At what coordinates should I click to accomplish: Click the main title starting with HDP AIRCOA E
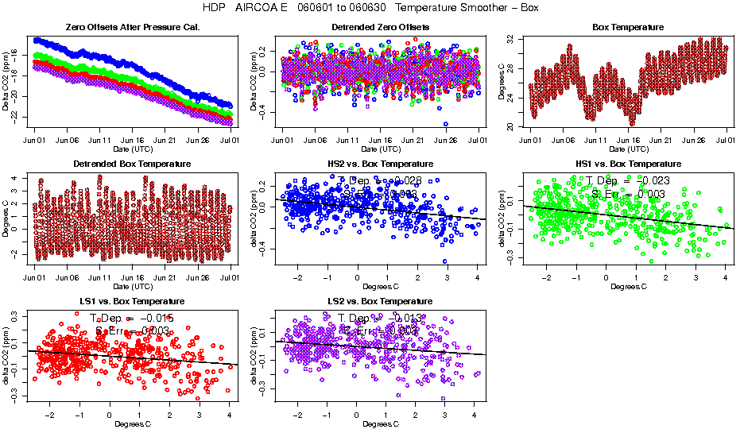371,8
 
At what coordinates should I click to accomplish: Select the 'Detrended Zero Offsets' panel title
380,27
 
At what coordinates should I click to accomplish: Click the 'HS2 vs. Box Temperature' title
380,164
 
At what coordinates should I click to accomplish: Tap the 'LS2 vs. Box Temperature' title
380,301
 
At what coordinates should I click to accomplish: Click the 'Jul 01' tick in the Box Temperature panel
726,141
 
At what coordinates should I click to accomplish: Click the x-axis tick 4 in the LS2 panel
475,415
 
